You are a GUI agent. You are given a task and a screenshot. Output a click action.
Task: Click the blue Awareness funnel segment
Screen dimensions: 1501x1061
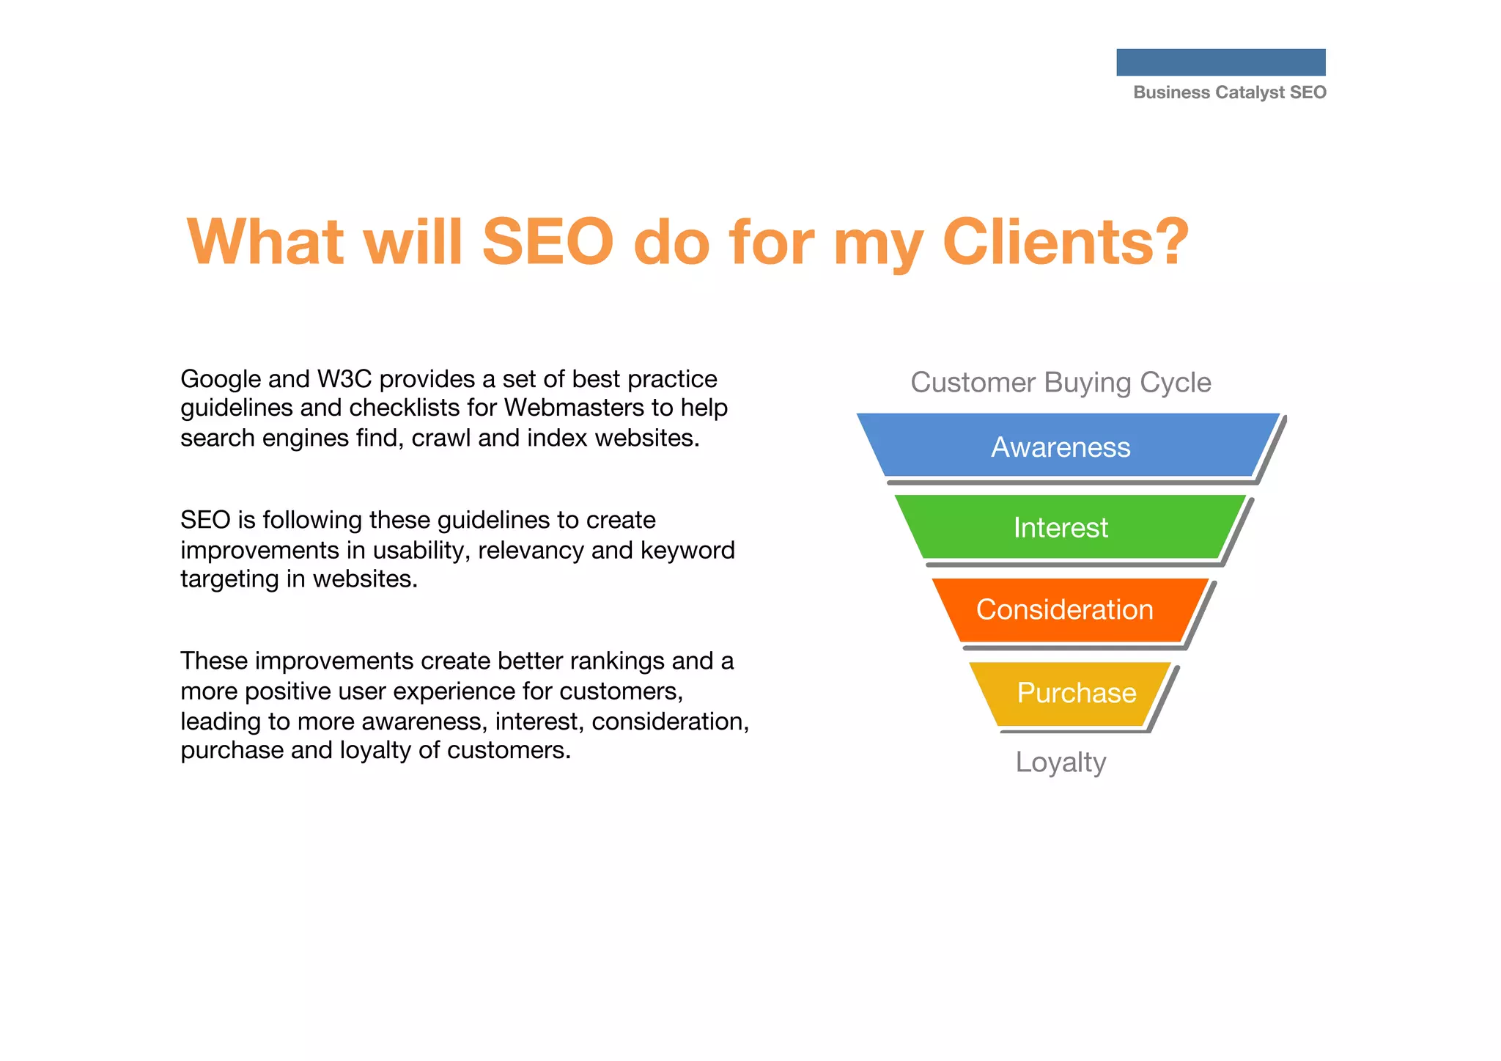coord(1061,447)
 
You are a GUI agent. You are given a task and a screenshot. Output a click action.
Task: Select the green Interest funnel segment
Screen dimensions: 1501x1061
coord(1061,527)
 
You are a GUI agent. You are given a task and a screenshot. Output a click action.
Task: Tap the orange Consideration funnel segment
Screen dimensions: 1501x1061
coord(1064,609)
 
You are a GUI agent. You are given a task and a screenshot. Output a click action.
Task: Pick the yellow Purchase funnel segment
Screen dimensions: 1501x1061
coord(1076,693)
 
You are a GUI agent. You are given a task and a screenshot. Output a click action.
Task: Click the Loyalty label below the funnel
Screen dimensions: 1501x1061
coord(1061,763)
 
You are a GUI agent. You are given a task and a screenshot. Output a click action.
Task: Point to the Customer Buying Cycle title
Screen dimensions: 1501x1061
coord(1061,383)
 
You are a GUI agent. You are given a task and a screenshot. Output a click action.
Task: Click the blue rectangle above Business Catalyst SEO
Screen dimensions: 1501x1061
coord(1220,62)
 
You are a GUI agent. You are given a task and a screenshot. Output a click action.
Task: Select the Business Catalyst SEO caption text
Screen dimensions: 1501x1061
coord(1229,92)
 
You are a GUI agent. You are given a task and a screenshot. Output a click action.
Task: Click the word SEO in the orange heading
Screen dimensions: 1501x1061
coord(547,242)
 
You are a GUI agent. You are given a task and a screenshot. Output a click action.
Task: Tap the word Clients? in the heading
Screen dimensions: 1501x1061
coord(1065,242)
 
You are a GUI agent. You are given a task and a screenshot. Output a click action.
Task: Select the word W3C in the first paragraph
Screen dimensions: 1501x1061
coord(344,379)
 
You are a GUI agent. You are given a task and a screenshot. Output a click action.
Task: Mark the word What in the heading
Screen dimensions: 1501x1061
coord(265,242)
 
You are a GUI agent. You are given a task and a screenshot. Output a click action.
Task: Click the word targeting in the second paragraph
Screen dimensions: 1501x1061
coord(229,579)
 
